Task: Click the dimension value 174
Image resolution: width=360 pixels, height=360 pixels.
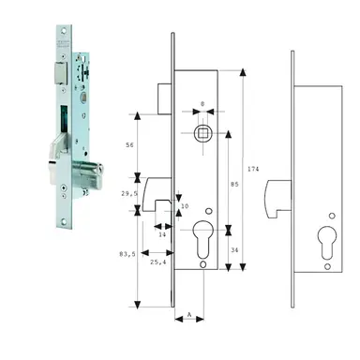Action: coord(255,168)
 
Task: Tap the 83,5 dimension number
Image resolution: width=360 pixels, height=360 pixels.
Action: coord(127,252)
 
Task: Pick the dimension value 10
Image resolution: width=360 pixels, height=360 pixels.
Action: coord(184,206)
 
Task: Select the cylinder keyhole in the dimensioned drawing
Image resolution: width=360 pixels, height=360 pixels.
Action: coord(203,236)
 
